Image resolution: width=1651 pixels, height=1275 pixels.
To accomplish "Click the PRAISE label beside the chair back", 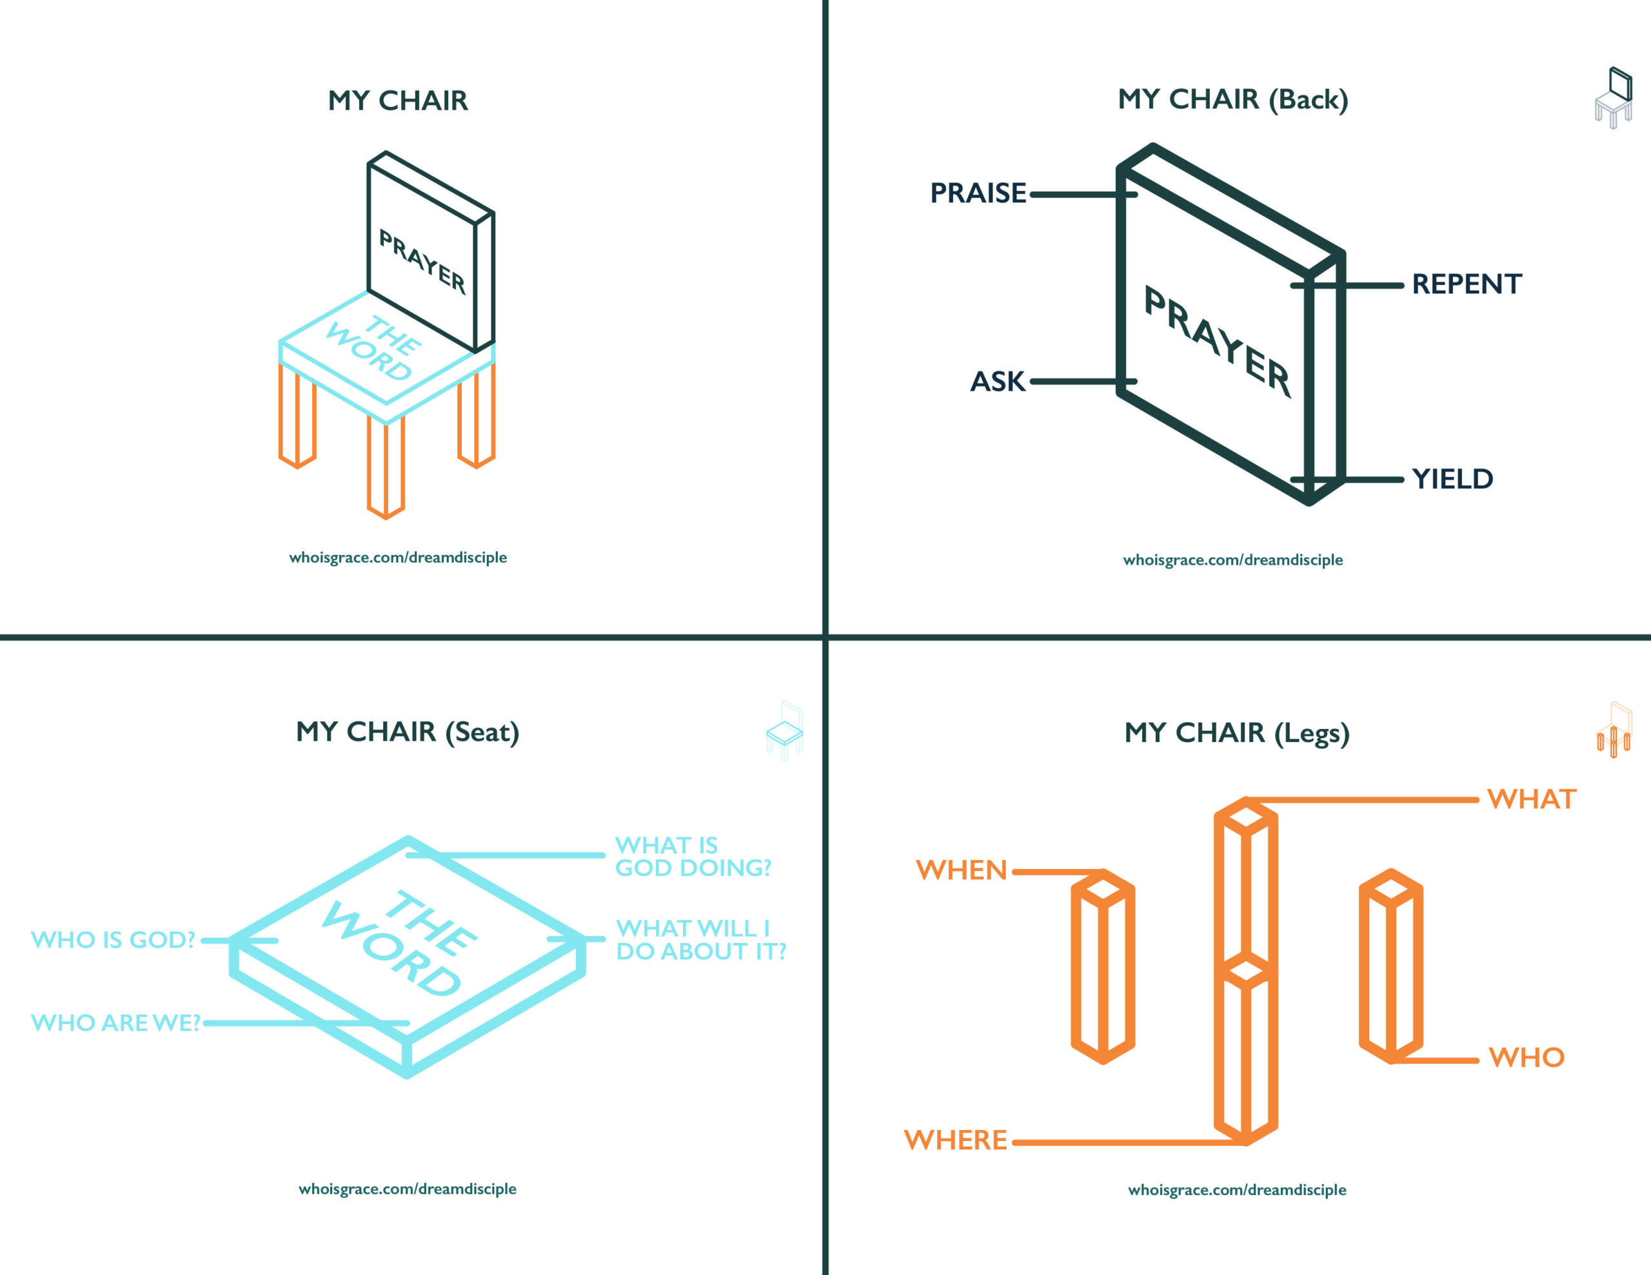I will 978,193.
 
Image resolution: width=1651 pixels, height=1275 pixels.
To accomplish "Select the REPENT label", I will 1466,284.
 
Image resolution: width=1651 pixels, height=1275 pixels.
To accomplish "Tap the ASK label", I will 997,382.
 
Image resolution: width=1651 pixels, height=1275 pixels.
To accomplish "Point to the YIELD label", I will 1452,479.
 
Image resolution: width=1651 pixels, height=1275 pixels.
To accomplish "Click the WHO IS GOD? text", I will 114,939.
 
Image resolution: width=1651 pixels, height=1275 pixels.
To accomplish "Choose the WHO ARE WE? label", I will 115,1022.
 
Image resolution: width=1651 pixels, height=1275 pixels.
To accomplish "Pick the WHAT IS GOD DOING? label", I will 693,856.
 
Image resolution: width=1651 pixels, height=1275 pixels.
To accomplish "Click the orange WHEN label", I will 961,870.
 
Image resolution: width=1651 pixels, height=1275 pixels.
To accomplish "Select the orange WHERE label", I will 956,1140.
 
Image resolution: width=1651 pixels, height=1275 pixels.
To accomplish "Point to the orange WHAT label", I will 1531,799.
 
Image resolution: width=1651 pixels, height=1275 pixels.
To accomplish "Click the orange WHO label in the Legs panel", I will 1525,1057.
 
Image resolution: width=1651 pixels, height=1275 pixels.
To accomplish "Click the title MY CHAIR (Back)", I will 1232,99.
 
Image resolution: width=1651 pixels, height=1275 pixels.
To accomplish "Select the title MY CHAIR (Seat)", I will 408,732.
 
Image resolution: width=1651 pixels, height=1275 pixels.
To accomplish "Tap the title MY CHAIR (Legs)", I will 1237,732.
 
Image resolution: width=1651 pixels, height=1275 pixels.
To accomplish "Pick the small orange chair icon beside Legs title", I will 1613,731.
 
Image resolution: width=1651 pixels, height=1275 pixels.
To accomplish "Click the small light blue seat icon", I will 785,731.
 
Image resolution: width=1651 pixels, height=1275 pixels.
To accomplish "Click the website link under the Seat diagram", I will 408,1189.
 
